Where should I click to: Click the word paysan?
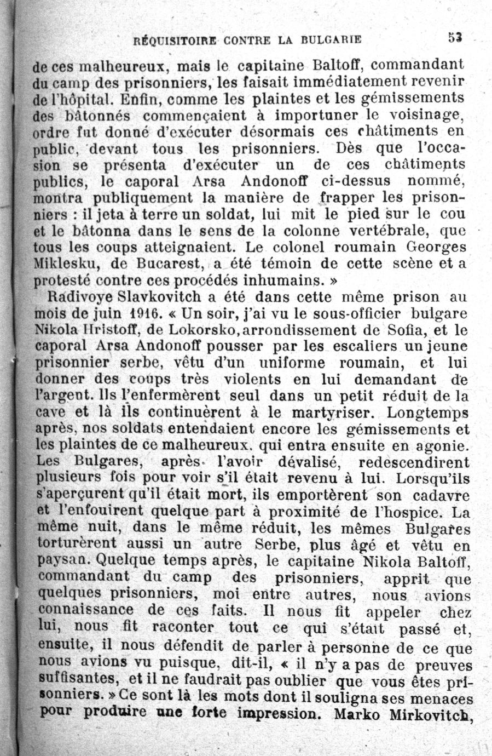65,561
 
